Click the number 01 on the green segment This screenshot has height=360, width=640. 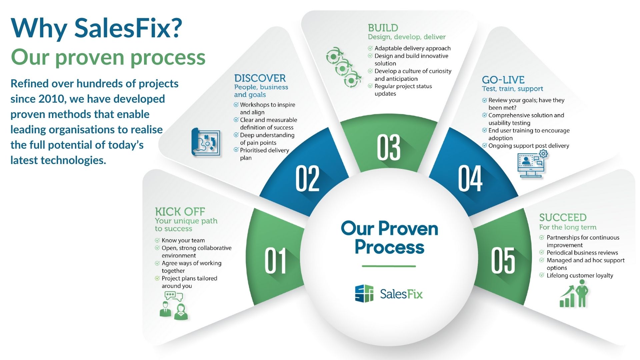tap(275, 261)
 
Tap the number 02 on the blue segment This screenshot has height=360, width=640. tap(307, 178)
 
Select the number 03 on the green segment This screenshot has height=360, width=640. tap(389, 147)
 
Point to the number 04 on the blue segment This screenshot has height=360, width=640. tap(470, 178)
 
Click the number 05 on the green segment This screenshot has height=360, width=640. tap(503, 261)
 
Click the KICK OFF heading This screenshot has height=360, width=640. tap(180, 212)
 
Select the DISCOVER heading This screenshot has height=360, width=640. tap(260, 78)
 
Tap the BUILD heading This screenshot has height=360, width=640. tap(383, 28)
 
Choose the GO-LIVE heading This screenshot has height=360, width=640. tap(503, 80)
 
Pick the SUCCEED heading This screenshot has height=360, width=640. tap(563, 218)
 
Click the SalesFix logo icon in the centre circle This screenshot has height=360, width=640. tap(364, 294)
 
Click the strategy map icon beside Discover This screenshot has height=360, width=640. tap(206, 142)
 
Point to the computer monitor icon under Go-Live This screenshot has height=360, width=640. tap(531, 164)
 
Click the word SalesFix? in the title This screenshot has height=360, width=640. tap(128, 28)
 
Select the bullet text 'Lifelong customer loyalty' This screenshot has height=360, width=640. tap(580, 276)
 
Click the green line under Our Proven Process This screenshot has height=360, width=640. tap(389, 266)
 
